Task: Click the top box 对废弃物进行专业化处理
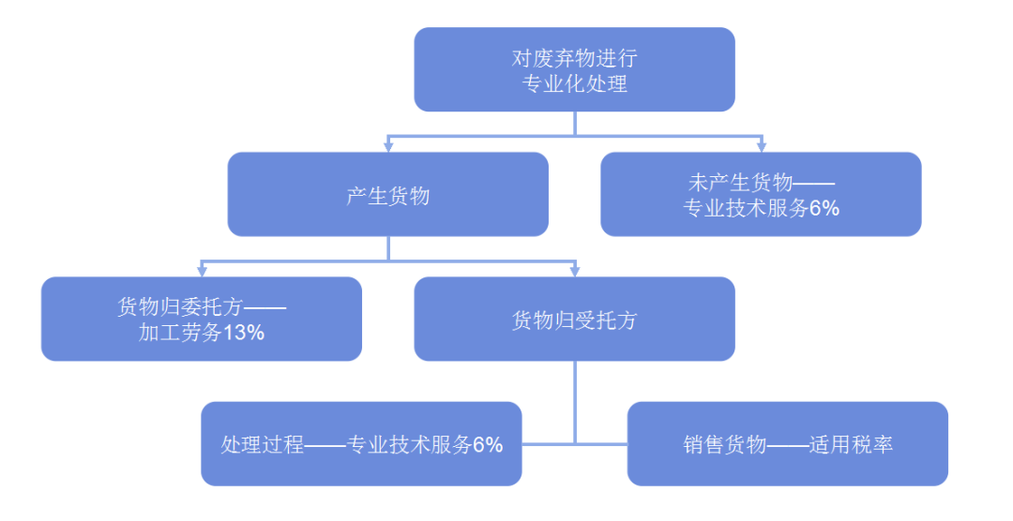point(574,69)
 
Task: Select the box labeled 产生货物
point(387,194)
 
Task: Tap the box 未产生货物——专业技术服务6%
point(761,194)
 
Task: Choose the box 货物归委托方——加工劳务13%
point(202,319)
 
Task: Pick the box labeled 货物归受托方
point(574,319)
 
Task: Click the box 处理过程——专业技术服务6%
point(361,443)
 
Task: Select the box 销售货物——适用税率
point(788,443)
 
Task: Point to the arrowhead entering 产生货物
point(388,147)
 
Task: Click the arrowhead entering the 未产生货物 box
point(761,147)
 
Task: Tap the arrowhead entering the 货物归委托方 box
point(202,272)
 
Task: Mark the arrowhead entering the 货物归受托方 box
point(574,272)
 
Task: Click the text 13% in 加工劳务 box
point(244,333)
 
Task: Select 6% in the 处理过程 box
point(488,444)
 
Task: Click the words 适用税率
point(851,444)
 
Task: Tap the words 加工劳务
point(180,333)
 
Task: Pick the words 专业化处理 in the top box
point(574,83)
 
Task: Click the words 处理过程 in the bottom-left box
point(263,444)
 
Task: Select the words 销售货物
point(725,444)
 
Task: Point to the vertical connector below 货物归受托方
point(574,402)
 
